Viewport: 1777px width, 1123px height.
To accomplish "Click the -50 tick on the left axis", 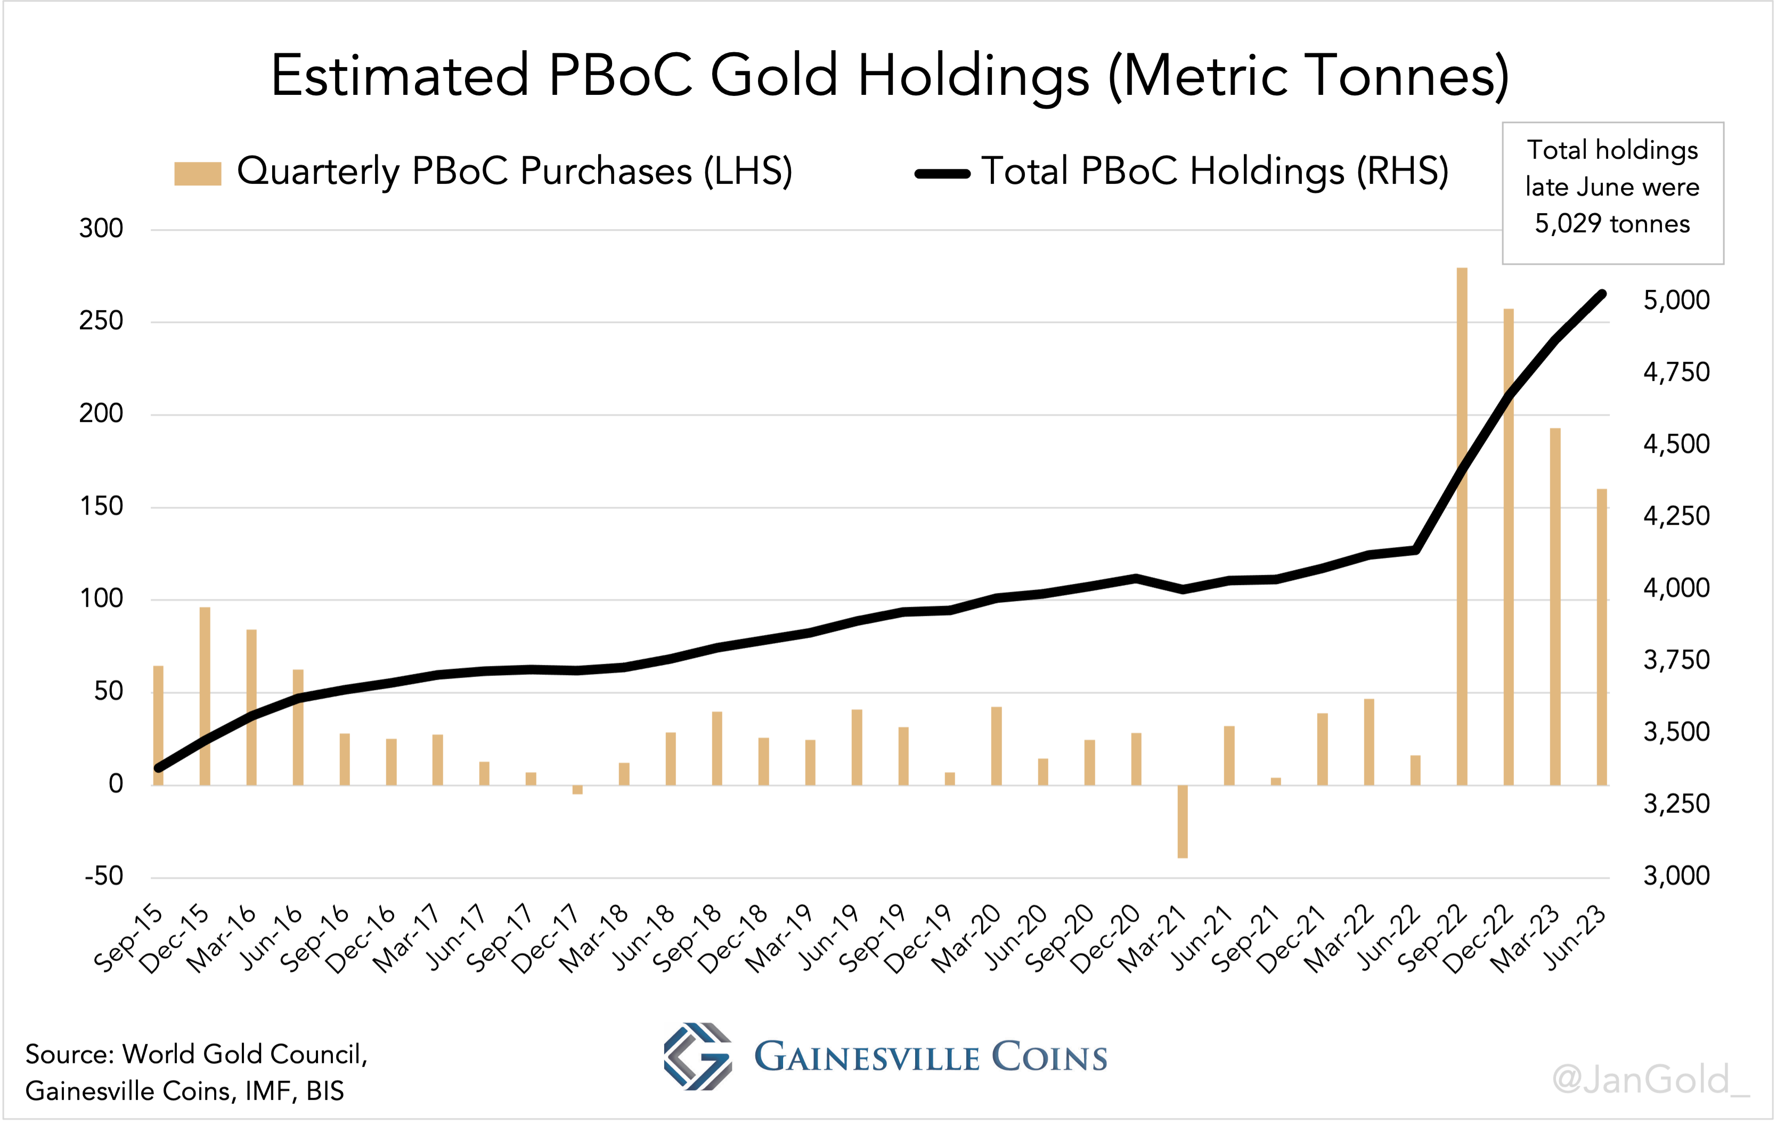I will (103, 876).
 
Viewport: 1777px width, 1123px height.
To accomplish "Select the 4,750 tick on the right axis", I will (1676, 372).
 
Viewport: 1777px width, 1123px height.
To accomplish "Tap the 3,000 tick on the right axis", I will (1676, 876).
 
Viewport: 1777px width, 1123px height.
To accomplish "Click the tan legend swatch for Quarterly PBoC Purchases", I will (197, 173).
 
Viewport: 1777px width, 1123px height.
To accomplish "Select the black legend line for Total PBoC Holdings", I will (942, 174).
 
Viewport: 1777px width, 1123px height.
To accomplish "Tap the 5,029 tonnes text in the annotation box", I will (1612, 224).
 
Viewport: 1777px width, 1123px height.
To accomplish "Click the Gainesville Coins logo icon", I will (697, 1056).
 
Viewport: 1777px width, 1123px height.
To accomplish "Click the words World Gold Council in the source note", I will (243, 1054).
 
